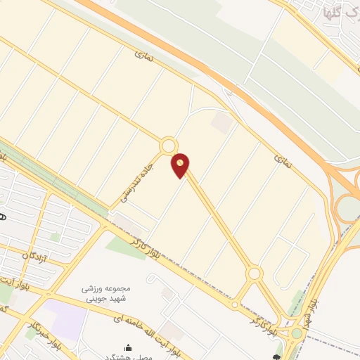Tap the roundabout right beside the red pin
[x=168, y=146]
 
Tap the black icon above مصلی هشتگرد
[x=128, y=347]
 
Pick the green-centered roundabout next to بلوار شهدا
[x=297, y=333]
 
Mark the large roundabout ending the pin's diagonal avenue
[x=254, y=274]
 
